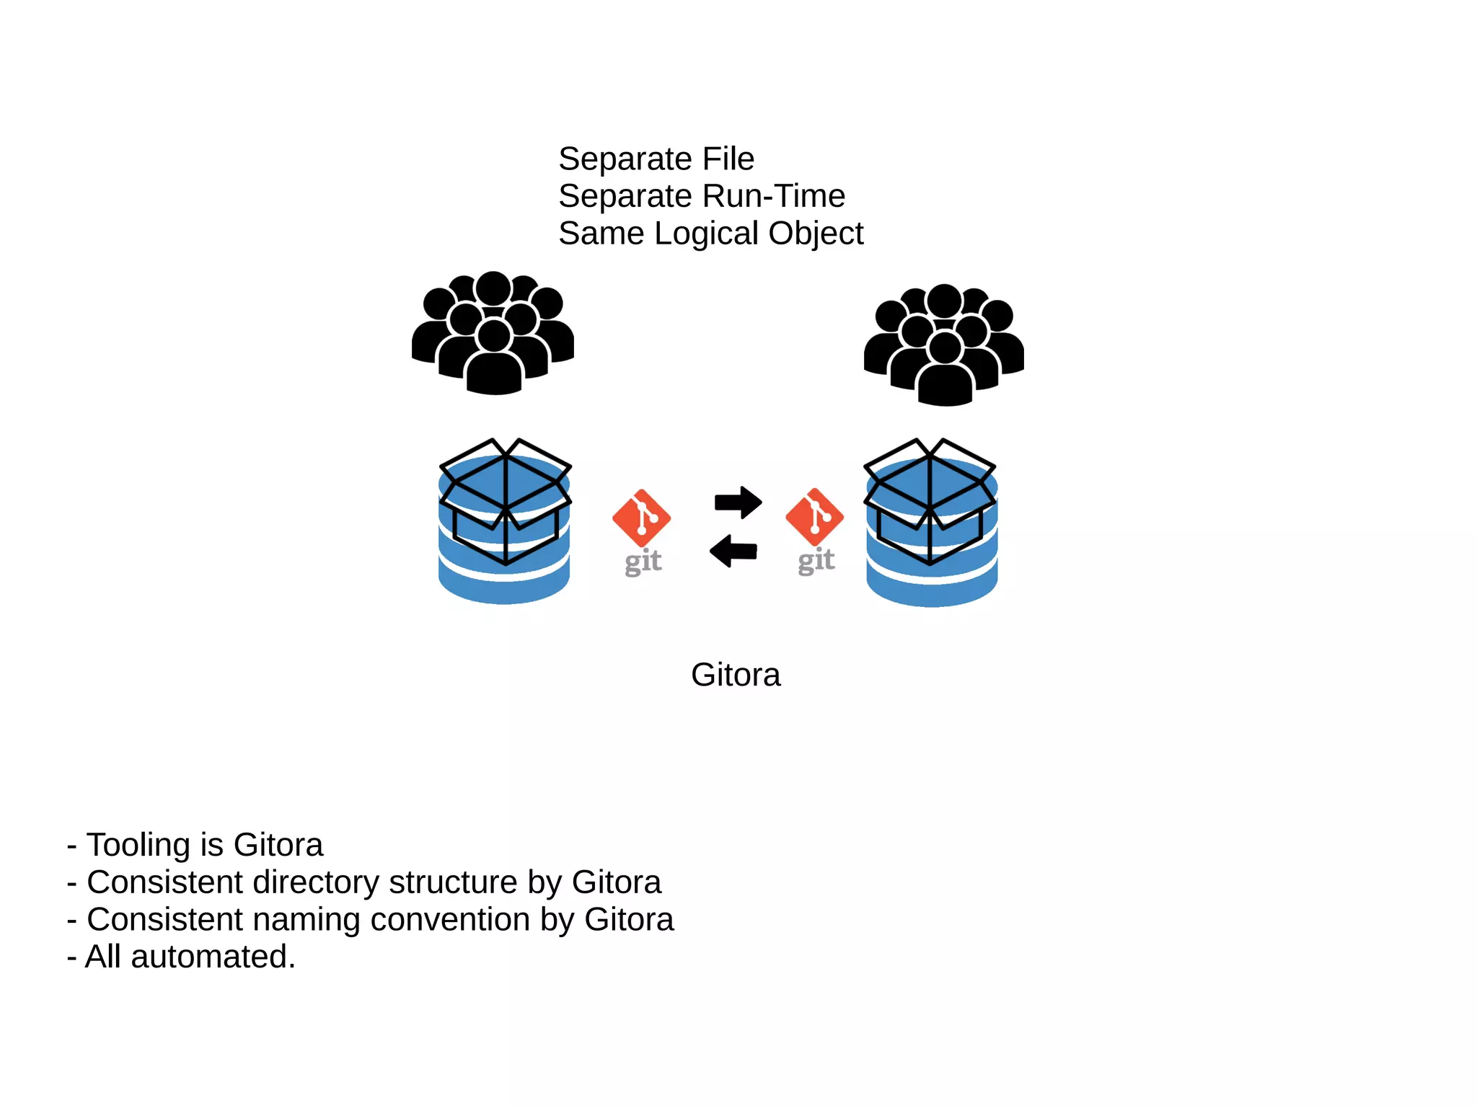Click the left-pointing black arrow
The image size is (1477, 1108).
(733, 551)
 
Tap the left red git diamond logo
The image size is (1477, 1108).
(641, 518)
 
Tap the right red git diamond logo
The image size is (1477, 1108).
(814, 517)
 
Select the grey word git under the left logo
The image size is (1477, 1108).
(643, 562)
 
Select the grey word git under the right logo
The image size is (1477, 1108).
(816, 561)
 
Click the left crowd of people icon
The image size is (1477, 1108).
(493, 333)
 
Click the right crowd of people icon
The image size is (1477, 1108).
(944, 345)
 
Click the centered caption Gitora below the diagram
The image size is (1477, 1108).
(736, 675)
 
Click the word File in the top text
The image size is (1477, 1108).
(728, 159)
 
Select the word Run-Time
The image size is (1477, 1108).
(773, 196)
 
